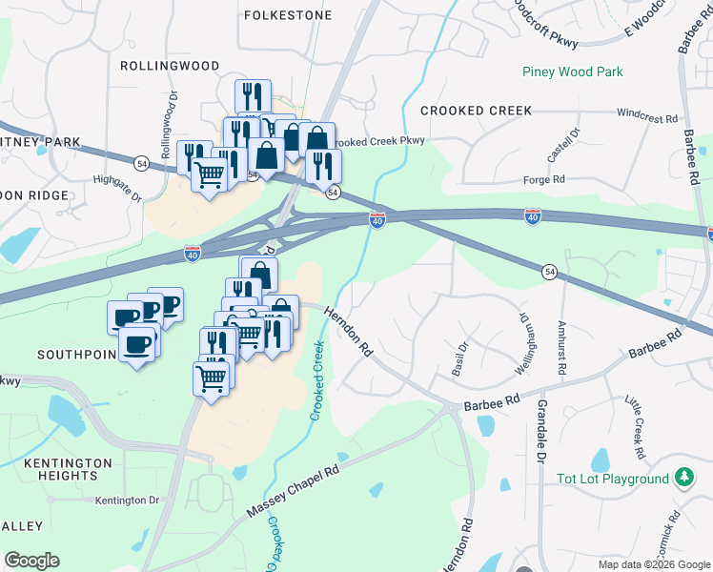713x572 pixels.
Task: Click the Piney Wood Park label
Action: [x=572, y=71]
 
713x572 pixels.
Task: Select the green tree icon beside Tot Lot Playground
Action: [x=683, y=477]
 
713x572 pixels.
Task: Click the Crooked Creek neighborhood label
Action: [x=476, y=111]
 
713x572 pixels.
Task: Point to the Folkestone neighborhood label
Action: [x=288, y=15]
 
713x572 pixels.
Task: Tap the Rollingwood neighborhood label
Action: [x=170, y=66]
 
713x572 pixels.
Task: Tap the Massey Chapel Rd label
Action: [x=293, y=491]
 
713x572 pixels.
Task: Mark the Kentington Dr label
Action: [x=127, y=500]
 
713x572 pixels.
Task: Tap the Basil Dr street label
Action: [x=462, y=357]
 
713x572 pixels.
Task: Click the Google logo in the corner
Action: [x=31, y=561]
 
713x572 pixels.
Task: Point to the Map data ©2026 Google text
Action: [x=653, y=564]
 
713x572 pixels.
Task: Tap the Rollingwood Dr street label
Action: [x=170, y=125]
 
